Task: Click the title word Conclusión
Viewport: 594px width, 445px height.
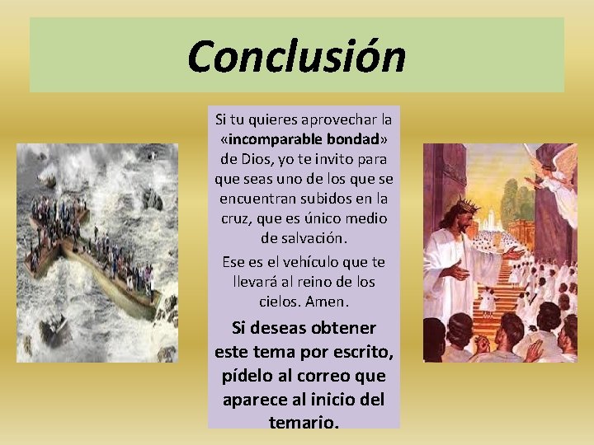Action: tap(296, 57)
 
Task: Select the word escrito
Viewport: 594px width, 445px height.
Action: tap(361, 352)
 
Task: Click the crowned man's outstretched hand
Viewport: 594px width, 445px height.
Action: tap(514, 252)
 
